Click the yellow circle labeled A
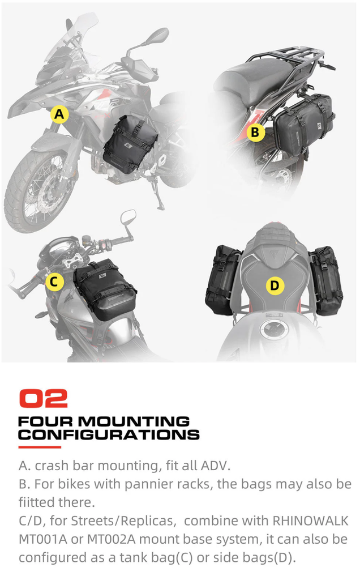(59, 115)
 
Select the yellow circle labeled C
(54, 282)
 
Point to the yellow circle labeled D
(275, 286)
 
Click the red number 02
(43, 398)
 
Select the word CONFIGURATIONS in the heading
(109, 435)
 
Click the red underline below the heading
(40, 447)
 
